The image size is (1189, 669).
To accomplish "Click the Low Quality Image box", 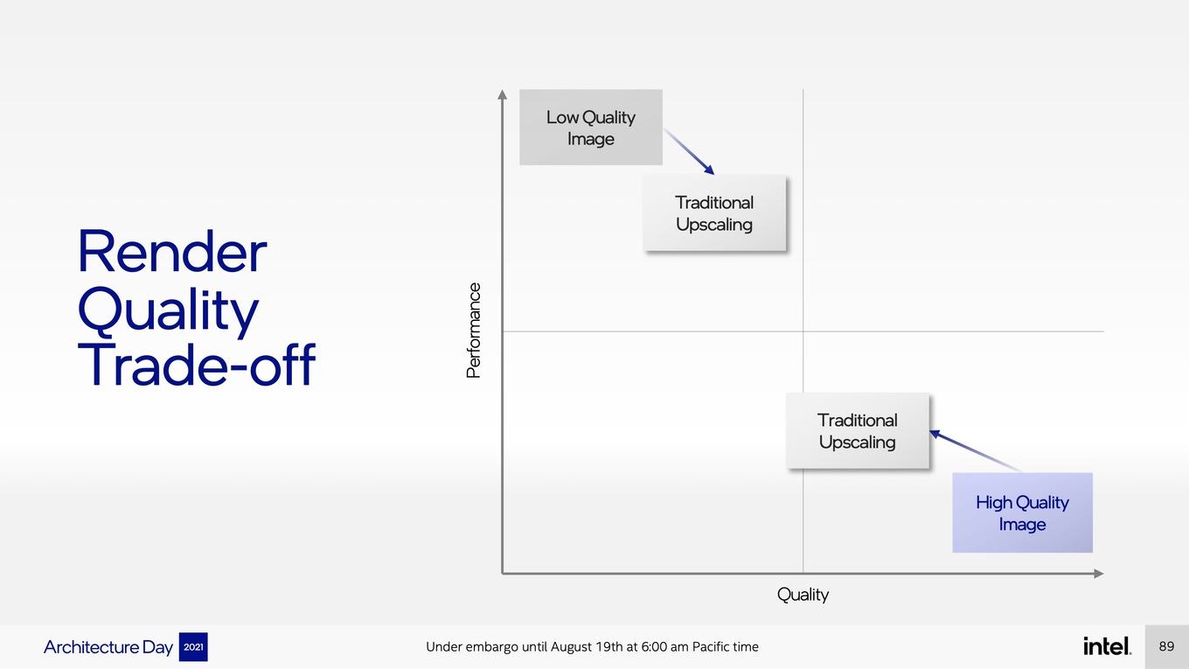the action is pyautogui.click(x=591, y=128).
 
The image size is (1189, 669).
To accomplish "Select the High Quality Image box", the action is pyautogui.click(x=1022, y=512).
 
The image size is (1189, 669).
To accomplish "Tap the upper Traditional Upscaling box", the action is pyautogui.click(x=714, y=213).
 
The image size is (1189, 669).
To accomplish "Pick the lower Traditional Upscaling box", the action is pyautogui.click(x=858, y=430).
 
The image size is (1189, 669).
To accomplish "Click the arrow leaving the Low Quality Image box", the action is pyautogui.click(x=689, y=151).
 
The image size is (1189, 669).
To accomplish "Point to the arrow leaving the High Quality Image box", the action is pyautogui.click(x=975, y=450).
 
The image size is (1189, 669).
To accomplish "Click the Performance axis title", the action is pyautogui.click(x=473, y=331).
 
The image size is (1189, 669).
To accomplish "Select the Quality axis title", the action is pyautogui.click(x=803, y=595).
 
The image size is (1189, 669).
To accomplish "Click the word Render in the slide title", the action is pyautogui.click(x=172, y=252).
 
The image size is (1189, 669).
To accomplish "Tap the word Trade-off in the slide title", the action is pyautogui.click(x=197, y=364).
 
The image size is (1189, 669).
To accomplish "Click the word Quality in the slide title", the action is pyautogui.click(x=168, y=310).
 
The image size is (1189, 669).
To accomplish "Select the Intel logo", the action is pyautogui.click(x=1107, y=646).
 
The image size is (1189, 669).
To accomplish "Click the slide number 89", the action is pyautogui.click(x=1166, y=646).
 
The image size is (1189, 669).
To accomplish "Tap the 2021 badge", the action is pyautogui.click(x=193, y=647).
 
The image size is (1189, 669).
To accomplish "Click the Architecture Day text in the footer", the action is pyautogui.click(x=108, y=647).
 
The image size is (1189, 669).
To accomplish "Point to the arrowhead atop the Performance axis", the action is pyautogui.click(x=502, y=94).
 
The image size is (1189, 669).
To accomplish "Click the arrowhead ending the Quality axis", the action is pyautogui.click(x=1099, y=574).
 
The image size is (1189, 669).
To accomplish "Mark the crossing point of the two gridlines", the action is pyautogui.click(x=803, y=331).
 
